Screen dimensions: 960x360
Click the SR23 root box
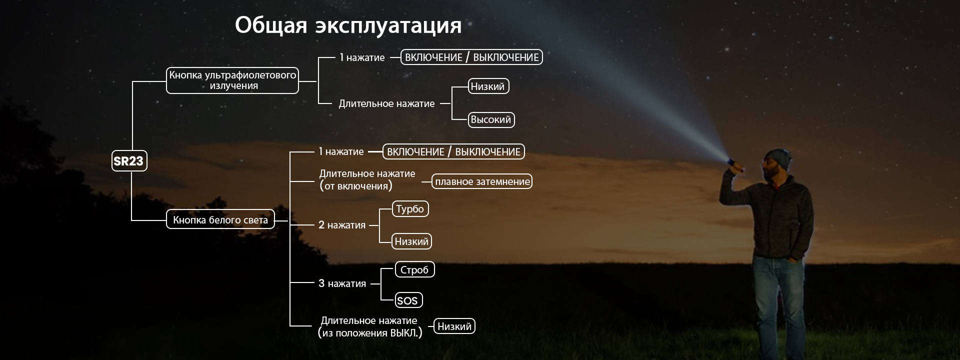tap(129, 161)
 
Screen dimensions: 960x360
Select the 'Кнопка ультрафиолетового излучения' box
tap(232, 80)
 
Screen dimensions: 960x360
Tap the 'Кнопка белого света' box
tap(220, 219)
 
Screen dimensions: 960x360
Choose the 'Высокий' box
tap(491, 119)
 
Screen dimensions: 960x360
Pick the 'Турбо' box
tap(410, 209)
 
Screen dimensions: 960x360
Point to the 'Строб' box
tap(414, 270)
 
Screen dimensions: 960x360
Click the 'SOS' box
tap(407, 300)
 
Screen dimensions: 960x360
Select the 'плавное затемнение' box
tap(482, 181)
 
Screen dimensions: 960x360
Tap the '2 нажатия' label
tap(342, 225)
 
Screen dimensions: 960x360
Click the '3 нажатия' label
tap(342, 283)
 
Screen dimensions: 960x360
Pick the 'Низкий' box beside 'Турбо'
tap(411, 241)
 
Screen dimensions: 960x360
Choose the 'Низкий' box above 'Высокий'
tap(488, 86)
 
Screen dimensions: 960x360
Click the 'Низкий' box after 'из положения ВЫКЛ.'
tap(454, 326)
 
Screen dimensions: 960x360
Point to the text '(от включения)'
tap(355, 186)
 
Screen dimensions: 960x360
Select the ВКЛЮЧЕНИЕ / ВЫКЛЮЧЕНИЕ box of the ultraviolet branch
tap(471, 57)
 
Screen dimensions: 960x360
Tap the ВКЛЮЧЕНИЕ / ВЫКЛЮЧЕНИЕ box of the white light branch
tap(453, 151)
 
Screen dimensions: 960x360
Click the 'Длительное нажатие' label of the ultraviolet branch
tap(386, 103)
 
